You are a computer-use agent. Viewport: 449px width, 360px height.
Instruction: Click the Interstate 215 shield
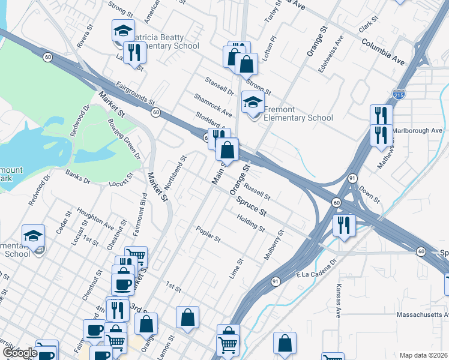[399, 94]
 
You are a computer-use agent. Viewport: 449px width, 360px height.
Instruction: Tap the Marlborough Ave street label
[418, 130]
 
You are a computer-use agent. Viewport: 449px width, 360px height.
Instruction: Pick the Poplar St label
[208, 235]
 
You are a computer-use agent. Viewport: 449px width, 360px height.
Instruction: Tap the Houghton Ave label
[95, 220]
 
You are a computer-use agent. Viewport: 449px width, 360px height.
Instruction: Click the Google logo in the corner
[20, 353]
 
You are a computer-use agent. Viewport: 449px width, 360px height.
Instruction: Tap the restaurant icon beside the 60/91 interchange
[344, 226]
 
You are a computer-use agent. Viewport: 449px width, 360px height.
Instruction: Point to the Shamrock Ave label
[212, 104]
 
